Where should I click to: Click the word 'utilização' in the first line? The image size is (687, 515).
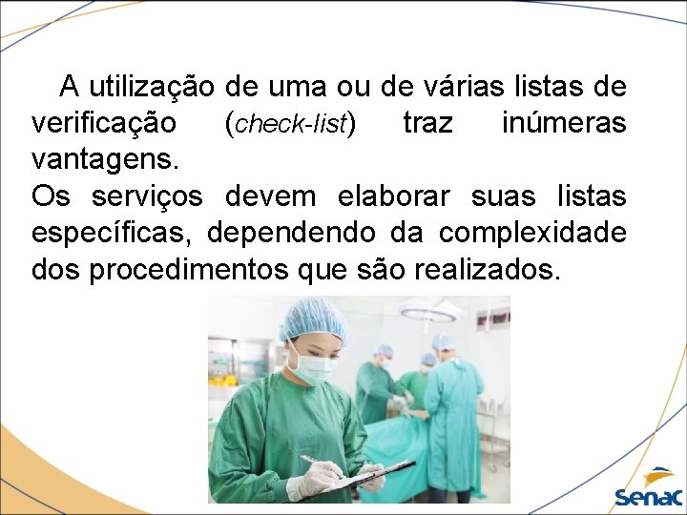[x=153, y=89]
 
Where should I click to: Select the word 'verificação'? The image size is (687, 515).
[x=103, y=124]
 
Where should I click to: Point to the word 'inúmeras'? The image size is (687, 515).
[x=564, y=124]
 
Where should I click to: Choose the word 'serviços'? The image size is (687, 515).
[x=147, y=196]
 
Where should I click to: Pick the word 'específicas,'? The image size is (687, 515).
[x=114, y=233]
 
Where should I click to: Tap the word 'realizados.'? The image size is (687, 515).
[x=488, y=270]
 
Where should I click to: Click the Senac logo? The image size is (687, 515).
[x=649, y=486]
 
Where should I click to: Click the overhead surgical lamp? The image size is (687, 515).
[x=430, y=309]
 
